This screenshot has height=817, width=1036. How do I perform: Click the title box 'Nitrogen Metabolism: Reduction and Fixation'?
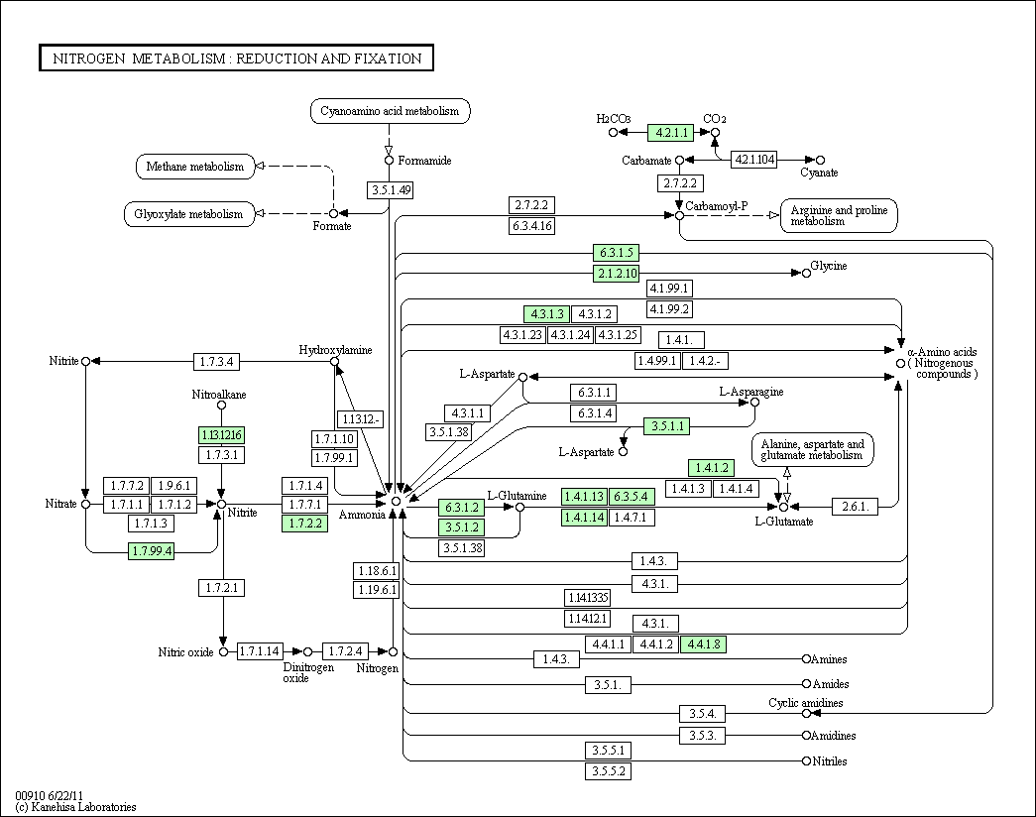236,58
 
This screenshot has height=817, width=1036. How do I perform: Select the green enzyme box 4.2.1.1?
669,132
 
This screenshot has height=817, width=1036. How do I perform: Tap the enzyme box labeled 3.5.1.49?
390,189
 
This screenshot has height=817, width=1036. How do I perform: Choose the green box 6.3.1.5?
616,252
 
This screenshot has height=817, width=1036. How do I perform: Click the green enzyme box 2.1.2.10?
616,273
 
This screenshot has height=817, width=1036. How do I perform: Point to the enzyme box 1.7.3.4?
216,361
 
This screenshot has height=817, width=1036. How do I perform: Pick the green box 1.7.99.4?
151,551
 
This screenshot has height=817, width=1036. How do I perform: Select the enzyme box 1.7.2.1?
222,588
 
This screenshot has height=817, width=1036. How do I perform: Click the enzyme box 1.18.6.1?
376,571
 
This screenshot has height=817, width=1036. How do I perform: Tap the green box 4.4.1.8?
703,644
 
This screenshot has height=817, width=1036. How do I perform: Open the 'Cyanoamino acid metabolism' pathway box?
390,111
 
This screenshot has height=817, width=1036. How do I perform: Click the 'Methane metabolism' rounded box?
194,167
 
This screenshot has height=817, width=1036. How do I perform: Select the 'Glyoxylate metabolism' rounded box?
188,214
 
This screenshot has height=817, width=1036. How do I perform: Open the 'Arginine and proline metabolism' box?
839,215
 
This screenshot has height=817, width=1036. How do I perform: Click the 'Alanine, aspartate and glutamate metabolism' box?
813,450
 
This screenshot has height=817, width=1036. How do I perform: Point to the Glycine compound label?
829,267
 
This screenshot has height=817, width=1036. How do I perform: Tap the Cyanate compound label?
819,173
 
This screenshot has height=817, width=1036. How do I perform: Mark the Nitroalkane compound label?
219,395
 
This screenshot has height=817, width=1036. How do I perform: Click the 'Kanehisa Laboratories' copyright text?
75,807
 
